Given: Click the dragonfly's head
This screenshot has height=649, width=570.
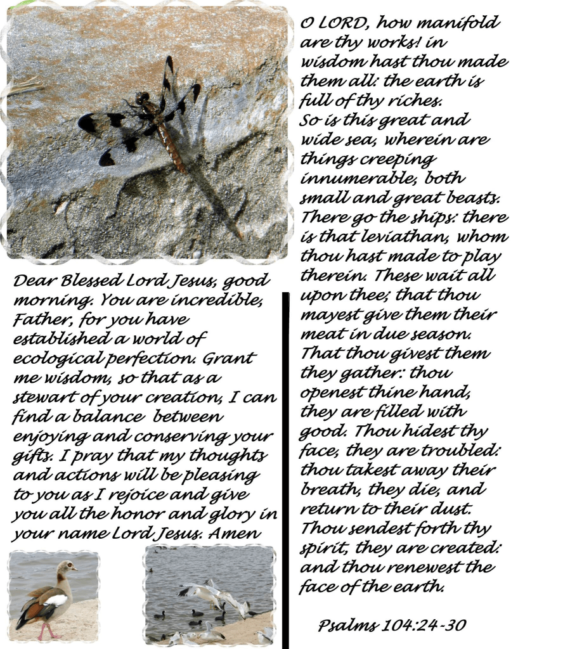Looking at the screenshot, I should tap(142, 98).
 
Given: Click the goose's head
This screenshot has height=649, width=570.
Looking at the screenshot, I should tap(65, 566).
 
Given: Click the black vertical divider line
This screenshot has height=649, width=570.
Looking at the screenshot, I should tap(285, 469).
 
